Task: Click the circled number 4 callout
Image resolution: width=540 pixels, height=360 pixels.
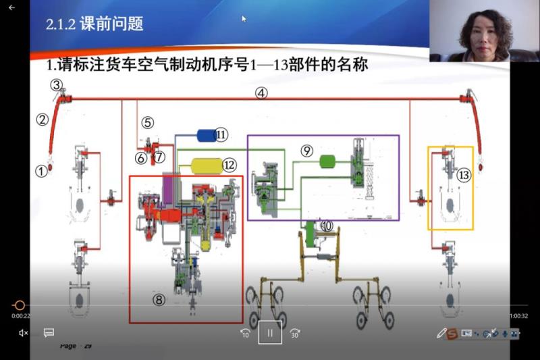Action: point(261,93)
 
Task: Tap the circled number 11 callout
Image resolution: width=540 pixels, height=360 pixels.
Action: point(221,135)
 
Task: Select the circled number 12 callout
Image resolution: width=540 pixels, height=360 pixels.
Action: point(230,164)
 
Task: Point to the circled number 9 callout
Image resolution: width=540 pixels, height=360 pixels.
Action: point(307,151)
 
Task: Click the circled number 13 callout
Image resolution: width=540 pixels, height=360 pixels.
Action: point(463,174)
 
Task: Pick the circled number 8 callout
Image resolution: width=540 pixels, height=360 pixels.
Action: point(159,301)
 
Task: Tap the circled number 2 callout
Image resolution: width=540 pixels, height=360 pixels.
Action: point(43,120)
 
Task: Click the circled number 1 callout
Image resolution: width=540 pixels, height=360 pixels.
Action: point(42,171)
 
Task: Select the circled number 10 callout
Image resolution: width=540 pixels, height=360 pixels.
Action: point(327,226)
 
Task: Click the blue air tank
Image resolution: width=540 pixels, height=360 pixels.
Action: point(207,135)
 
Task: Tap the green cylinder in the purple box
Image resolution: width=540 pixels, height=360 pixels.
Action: point(327,161)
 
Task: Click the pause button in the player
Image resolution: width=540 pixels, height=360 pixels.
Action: point(269,332)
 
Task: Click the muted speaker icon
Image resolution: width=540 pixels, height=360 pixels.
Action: point(23,332)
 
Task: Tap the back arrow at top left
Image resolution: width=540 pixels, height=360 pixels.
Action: point(11,7)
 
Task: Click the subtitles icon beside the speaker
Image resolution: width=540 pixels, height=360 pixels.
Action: point(49,332)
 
